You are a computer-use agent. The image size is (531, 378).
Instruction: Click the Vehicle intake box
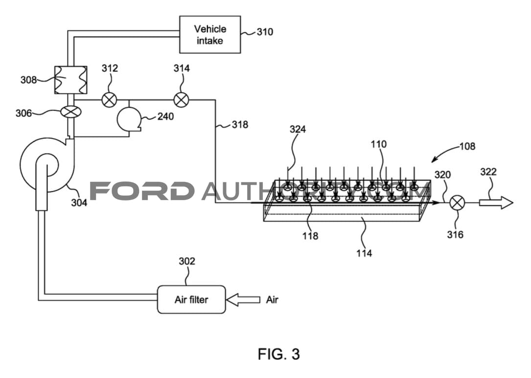pos(210,35)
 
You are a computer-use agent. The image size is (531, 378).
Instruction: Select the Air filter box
pos(191,299)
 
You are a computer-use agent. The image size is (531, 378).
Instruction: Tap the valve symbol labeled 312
pos(110,100)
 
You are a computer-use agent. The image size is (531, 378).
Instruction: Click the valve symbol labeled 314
pos(181,100)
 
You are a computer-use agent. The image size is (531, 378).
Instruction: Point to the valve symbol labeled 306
pos(71,112)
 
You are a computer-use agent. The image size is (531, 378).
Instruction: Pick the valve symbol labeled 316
pos(457,203)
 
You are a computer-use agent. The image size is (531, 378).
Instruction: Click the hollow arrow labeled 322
pos(496,203)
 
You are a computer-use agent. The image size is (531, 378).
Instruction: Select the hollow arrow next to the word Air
pos(243,300)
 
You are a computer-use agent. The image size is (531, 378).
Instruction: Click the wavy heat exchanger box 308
pos(71,80)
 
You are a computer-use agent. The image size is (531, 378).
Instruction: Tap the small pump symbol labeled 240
pos(129,119)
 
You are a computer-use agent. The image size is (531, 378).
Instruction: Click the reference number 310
pos(265,32)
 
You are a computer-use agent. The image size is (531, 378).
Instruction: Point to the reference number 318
pos(240,125)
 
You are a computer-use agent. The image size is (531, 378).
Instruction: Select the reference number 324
pos(298,129)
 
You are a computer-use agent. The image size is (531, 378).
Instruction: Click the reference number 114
pos(364,253)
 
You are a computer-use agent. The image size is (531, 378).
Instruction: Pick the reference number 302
pos(187,261)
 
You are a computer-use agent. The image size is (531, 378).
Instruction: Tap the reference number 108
pos(467,146)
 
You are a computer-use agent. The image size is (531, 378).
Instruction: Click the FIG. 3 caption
pos(278,354)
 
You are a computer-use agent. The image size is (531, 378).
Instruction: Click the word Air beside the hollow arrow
pos(272,300)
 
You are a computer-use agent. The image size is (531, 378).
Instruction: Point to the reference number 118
pos(310,236)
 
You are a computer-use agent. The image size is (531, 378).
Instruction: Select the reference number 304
pos(79,202)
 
